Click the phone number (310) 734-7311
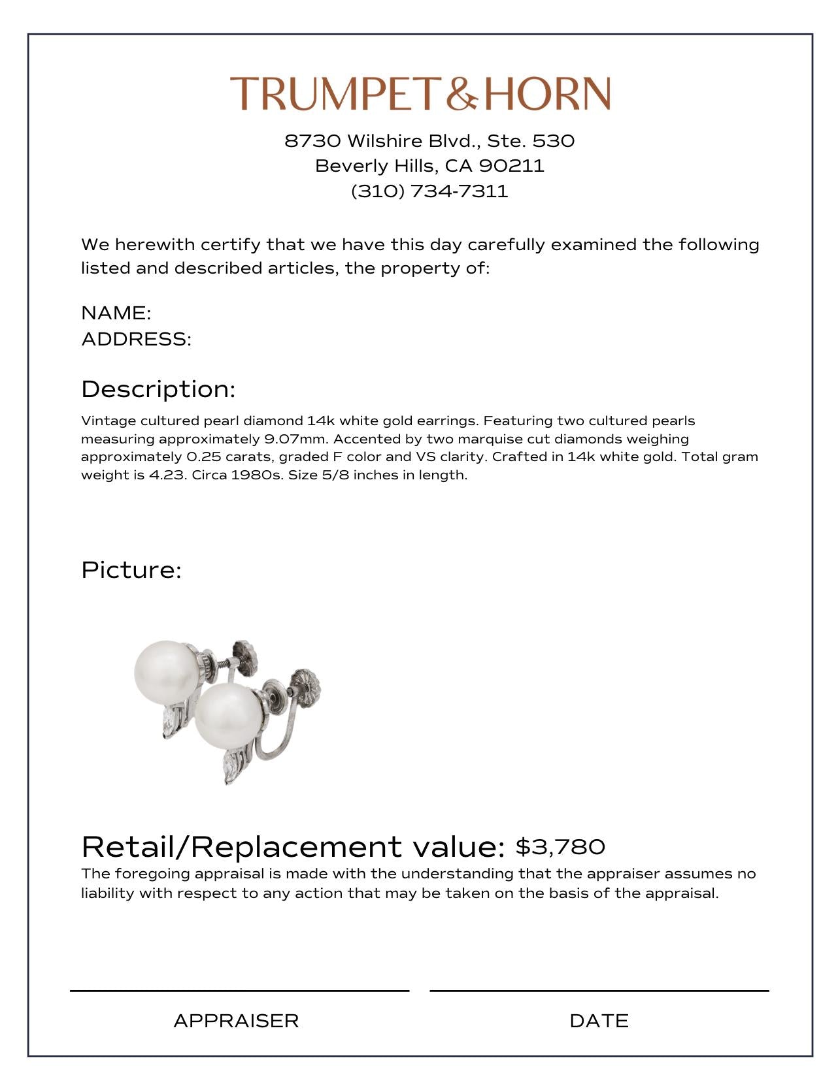coord(429,191)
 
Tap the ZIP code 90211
coord(511,166)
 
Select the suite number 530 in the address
coord(554,141)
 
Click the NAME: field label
coord(116,313)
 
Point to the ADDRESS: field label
coord(136,340)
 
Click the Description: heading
coord(158,389)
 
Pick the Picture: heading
coord(131,570)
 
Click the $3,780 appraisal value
coord(560,847)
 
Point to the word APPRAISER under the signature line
coord(236,1021)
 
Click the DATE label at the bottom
coord(599,1021)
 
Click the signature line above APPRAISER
coord(239,991)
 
